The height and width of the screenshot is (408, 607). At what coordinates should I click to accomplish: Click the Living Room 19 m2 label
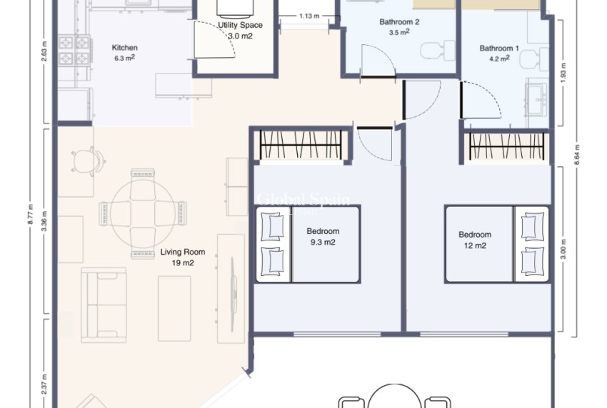(182, 257)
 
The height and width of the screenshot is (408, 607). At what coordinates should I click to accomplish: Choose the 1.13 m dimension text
(309, 16)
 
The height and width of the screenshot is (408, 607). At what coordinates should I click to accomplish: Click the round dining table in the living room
(143, 213)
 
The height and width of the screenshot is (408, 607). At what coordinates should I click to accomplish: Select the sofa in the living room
(104, 303)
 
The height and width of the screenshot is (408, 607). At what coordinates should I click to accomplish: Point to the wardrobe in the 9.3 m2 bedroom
(303, 146)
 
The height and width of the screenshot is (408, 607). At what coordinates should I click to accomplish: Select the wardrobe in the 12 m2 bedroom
(508, 148)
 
